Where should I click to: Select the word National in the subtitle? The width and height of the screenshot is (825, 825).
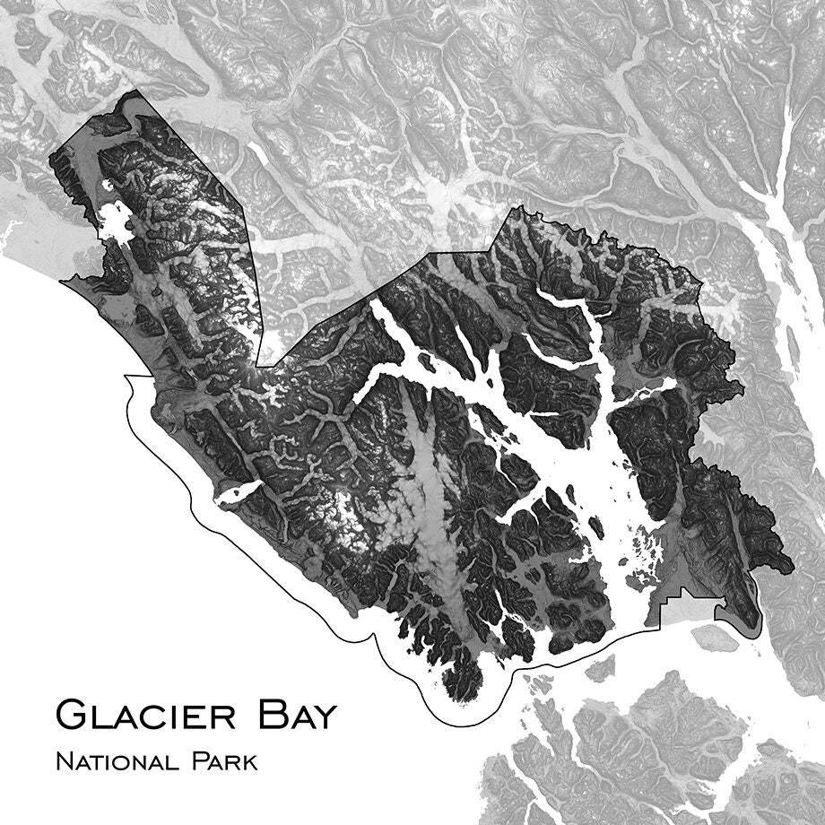click(x=115, y=762)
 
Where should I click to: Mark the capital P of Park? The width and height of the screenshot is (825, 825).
click(x=197, y=762)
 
